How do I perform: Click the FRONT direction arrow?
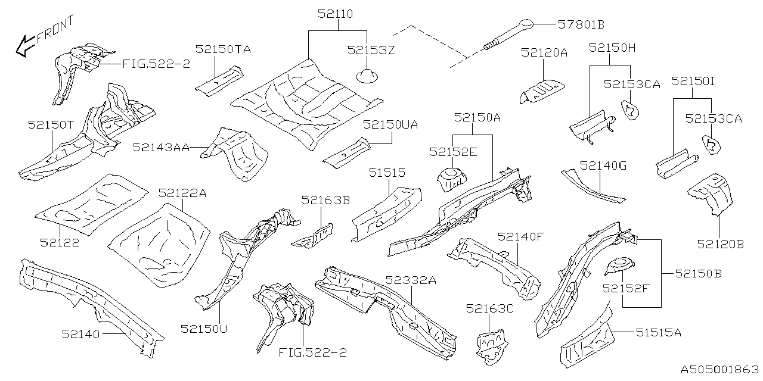(x=25, y=46)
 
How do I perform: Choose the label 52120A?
(x=544, y=52)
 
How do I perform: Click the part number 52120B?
(x=720, y=243)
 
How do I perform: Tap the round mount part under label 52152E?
(x=452, y=179)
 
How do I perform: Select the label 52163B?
(x=325, y=200)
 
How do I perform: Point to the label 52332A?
(x=411, y=280)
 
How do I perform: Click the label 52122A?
(x=182, y=193)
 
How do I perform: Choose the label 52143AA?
(x=161, y=147)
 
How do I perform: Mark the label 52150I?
(x=693, y=80)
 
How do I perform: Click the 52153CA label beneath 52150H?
(x=632, y=84)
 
